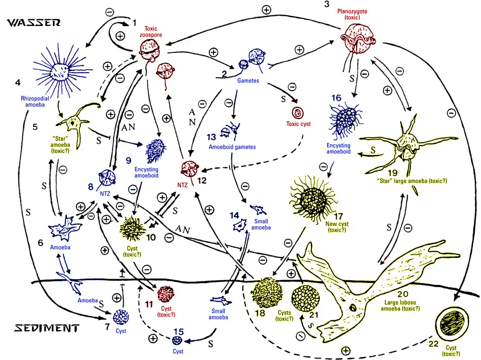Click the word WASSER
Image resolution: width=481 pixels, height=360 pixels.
34,23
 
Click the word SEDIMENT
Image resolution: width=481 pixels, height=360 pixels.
47,328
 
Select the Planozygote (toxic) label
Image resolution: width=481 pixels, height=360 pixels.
352,14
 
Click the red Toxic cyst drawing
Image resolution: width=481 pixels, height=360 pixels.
298,113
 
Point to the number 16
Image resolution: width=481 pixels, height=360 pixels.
336,98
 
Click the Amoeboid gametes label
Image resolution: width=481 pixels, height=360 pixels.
232,147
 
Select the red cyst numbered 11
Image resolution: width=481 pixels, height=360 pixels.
165,294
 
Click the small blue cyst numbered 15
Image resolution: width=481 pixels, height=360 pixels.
177,340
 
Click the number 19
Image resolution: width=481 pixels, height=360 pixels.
392,172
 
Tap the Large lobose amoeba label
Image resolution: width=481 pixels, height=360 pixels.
400,305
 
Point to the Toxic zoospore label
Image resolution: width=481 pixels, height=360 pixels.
151,32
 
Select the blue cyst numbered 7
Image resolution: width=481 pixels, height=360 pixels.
121,317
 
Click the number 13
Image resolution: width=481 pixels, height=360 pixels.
211,137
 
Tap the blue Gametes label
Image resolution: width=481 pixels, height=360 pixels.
248,80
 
